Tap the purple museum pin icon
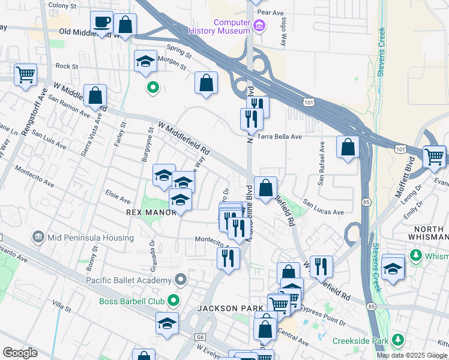[259, 25]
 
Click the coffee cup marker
[101, 23]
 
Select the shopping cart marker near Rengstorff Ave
[26, 75]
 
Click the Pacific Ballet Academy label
[128, 280]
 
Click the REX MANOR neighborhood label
[148, 212]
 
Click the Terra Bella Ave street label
[280, 137]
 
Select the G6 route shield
[200, 338]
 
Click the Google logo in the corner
[20, 353]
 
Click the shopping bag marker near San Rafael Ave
[348, 147]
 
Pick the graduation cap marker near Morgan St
[145, 61]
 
